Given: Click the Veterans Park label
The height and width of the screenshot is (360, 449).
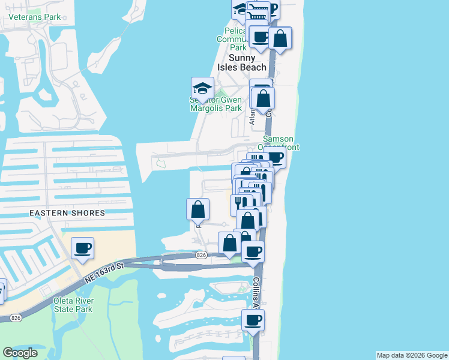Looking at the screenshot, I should (35, 17).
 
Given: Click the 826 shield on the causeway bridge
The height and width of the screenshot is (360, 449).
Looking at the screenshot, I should (202, 256).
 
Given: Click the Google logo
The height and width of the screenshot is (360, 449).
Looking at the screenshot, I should (20, 353).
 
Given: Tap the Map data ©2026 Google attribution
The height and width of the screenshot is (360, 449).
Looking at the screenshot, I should (412, 355).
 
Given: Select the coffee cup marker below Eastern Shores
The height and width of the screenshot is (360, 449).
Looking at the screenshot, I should (82, 248).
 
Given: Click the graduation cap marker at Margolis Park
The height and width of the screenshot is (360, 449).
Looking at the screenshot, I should (202, 88).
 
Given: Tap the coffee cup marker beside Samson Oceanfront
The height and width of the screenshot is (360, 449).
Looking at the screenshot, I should (275, 158).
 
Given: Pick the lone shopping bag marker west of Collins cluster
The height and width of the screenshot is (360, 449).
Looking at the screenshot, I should (198, 209).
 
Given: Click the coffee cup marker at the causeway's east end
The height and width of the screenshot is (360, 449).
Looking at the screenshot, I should (253, 251).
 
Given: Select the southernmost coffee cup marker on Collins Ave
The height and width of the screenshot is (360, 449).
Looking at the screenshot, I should (253, 320).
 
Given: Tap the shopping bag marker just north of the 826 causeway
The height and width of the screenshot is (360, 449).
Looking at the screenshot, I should (229, 243).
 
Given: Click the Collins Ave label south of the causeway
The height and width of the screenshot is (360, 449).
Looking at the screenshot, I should (256, 292).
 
